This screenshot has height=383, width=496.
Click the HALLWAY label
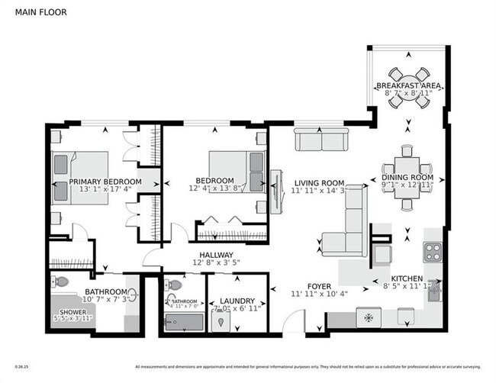pos(216,255)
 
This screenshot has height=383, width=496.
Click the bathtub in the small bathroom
pos(182,323)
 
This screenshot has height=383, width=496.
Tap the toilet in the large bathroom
pos(60,282)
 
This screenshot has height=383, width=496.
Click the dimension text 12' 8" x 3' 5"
pos(216,264)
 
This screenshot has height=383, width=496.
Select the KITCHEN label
pos(406,279)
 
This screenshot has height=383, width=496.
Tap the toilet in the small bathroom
pos(174,285)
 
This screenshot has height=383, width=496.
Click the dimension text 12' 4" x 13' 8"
pos(214,188)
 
